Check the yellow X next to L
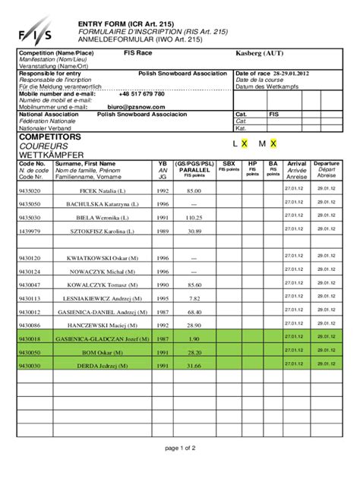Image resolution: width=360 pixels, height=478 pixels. pyautogui.click(x=245, y=143)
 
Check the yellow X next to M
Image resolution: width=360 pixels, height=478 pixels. pyautogui.click(x=273, y=143)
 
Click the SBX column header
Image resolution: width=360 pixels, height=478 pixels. pyautogui.click(x=228, y=163)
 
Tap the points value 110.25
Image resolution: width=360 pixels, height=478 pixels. pyautogui.click(x=195, y=218)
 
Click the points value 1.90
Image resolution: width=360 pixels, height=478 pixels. pyautogui.click(x=195, y=339)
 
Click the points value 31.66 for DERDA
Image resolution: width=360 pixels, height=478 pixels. pyautogui.click(x=195, y=366)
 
